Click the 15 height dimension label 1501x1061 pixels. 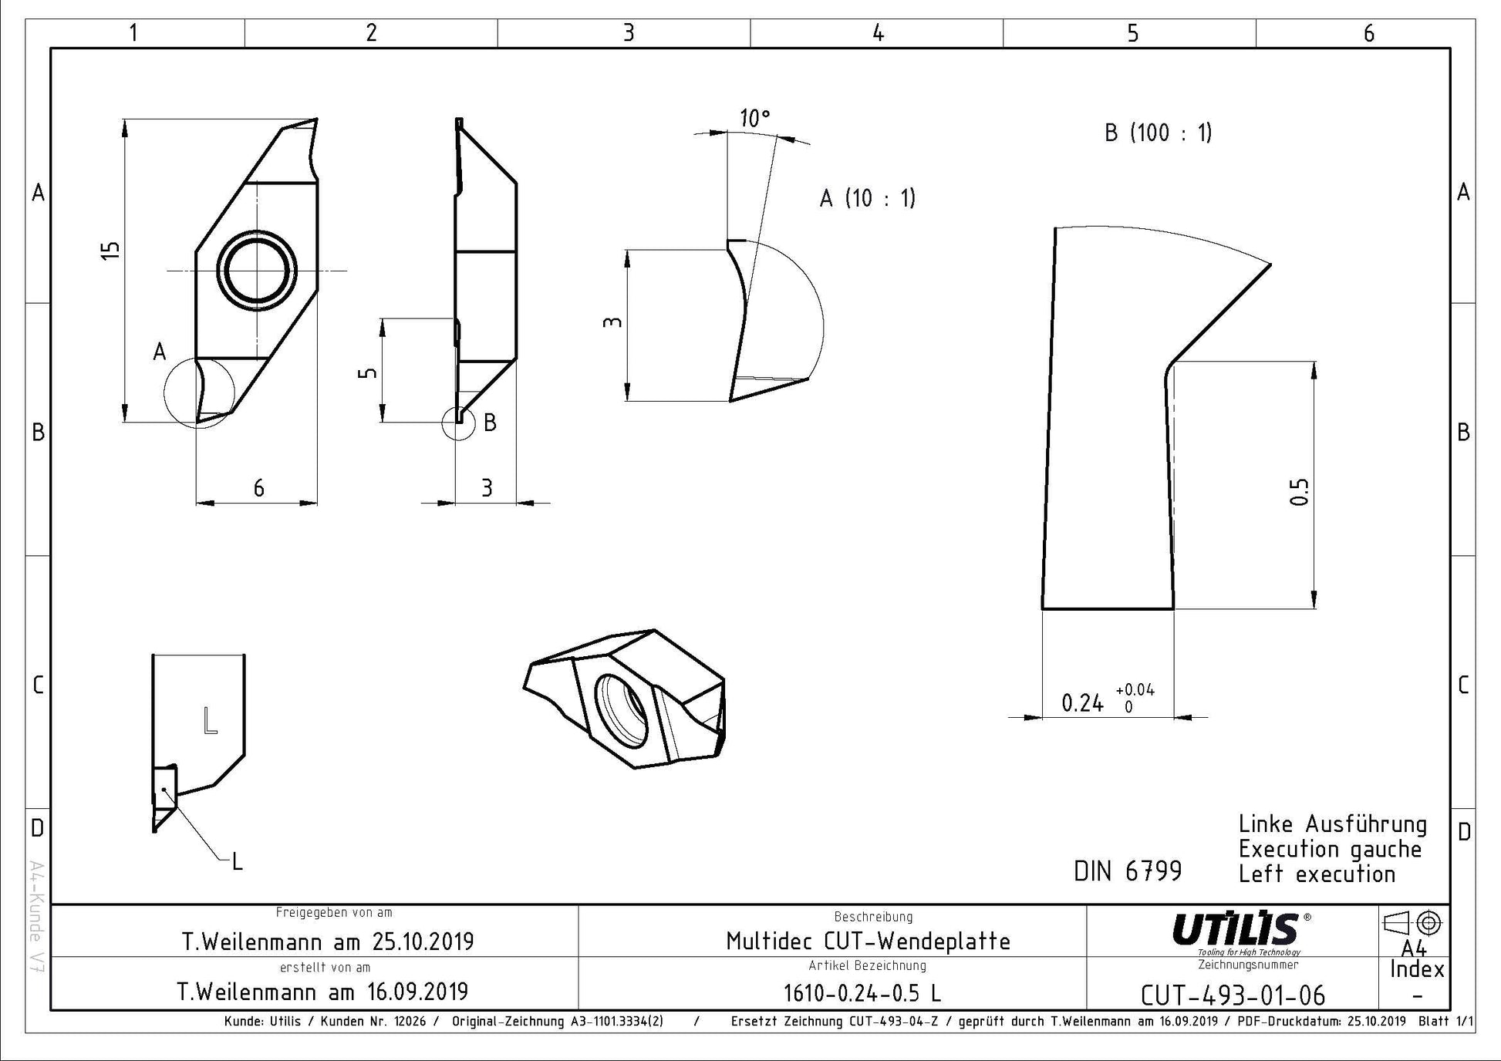(111, 250)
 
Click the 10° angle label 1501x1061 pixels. (755, 119)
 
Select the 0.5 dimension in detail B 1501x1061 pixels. (1300, 492)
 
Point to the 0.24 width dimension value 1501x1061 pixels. (1083, 703)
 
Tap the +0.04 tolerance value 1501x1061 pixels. (1135, 690)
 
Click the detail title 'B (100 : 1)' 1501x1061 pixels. (1158, 133)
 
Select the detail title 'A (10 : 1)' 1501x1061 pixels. (867, 198)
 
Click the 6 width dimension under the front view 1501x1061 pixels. (259, 488)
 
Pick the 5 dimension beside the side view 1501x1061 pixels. (369, 372)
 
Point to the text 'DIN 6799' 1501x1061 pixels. (1128, 871)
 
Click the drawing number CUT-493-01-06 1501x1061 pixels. (1233, 995)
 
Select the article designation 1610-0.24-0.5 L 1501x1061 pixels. (862, 993)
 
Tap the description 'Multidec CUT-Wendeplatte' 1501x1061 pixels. (868, 941)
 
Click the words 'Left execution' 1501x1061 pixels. (1317, 874)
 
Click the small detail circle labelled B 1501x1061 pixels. (459, 423)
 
